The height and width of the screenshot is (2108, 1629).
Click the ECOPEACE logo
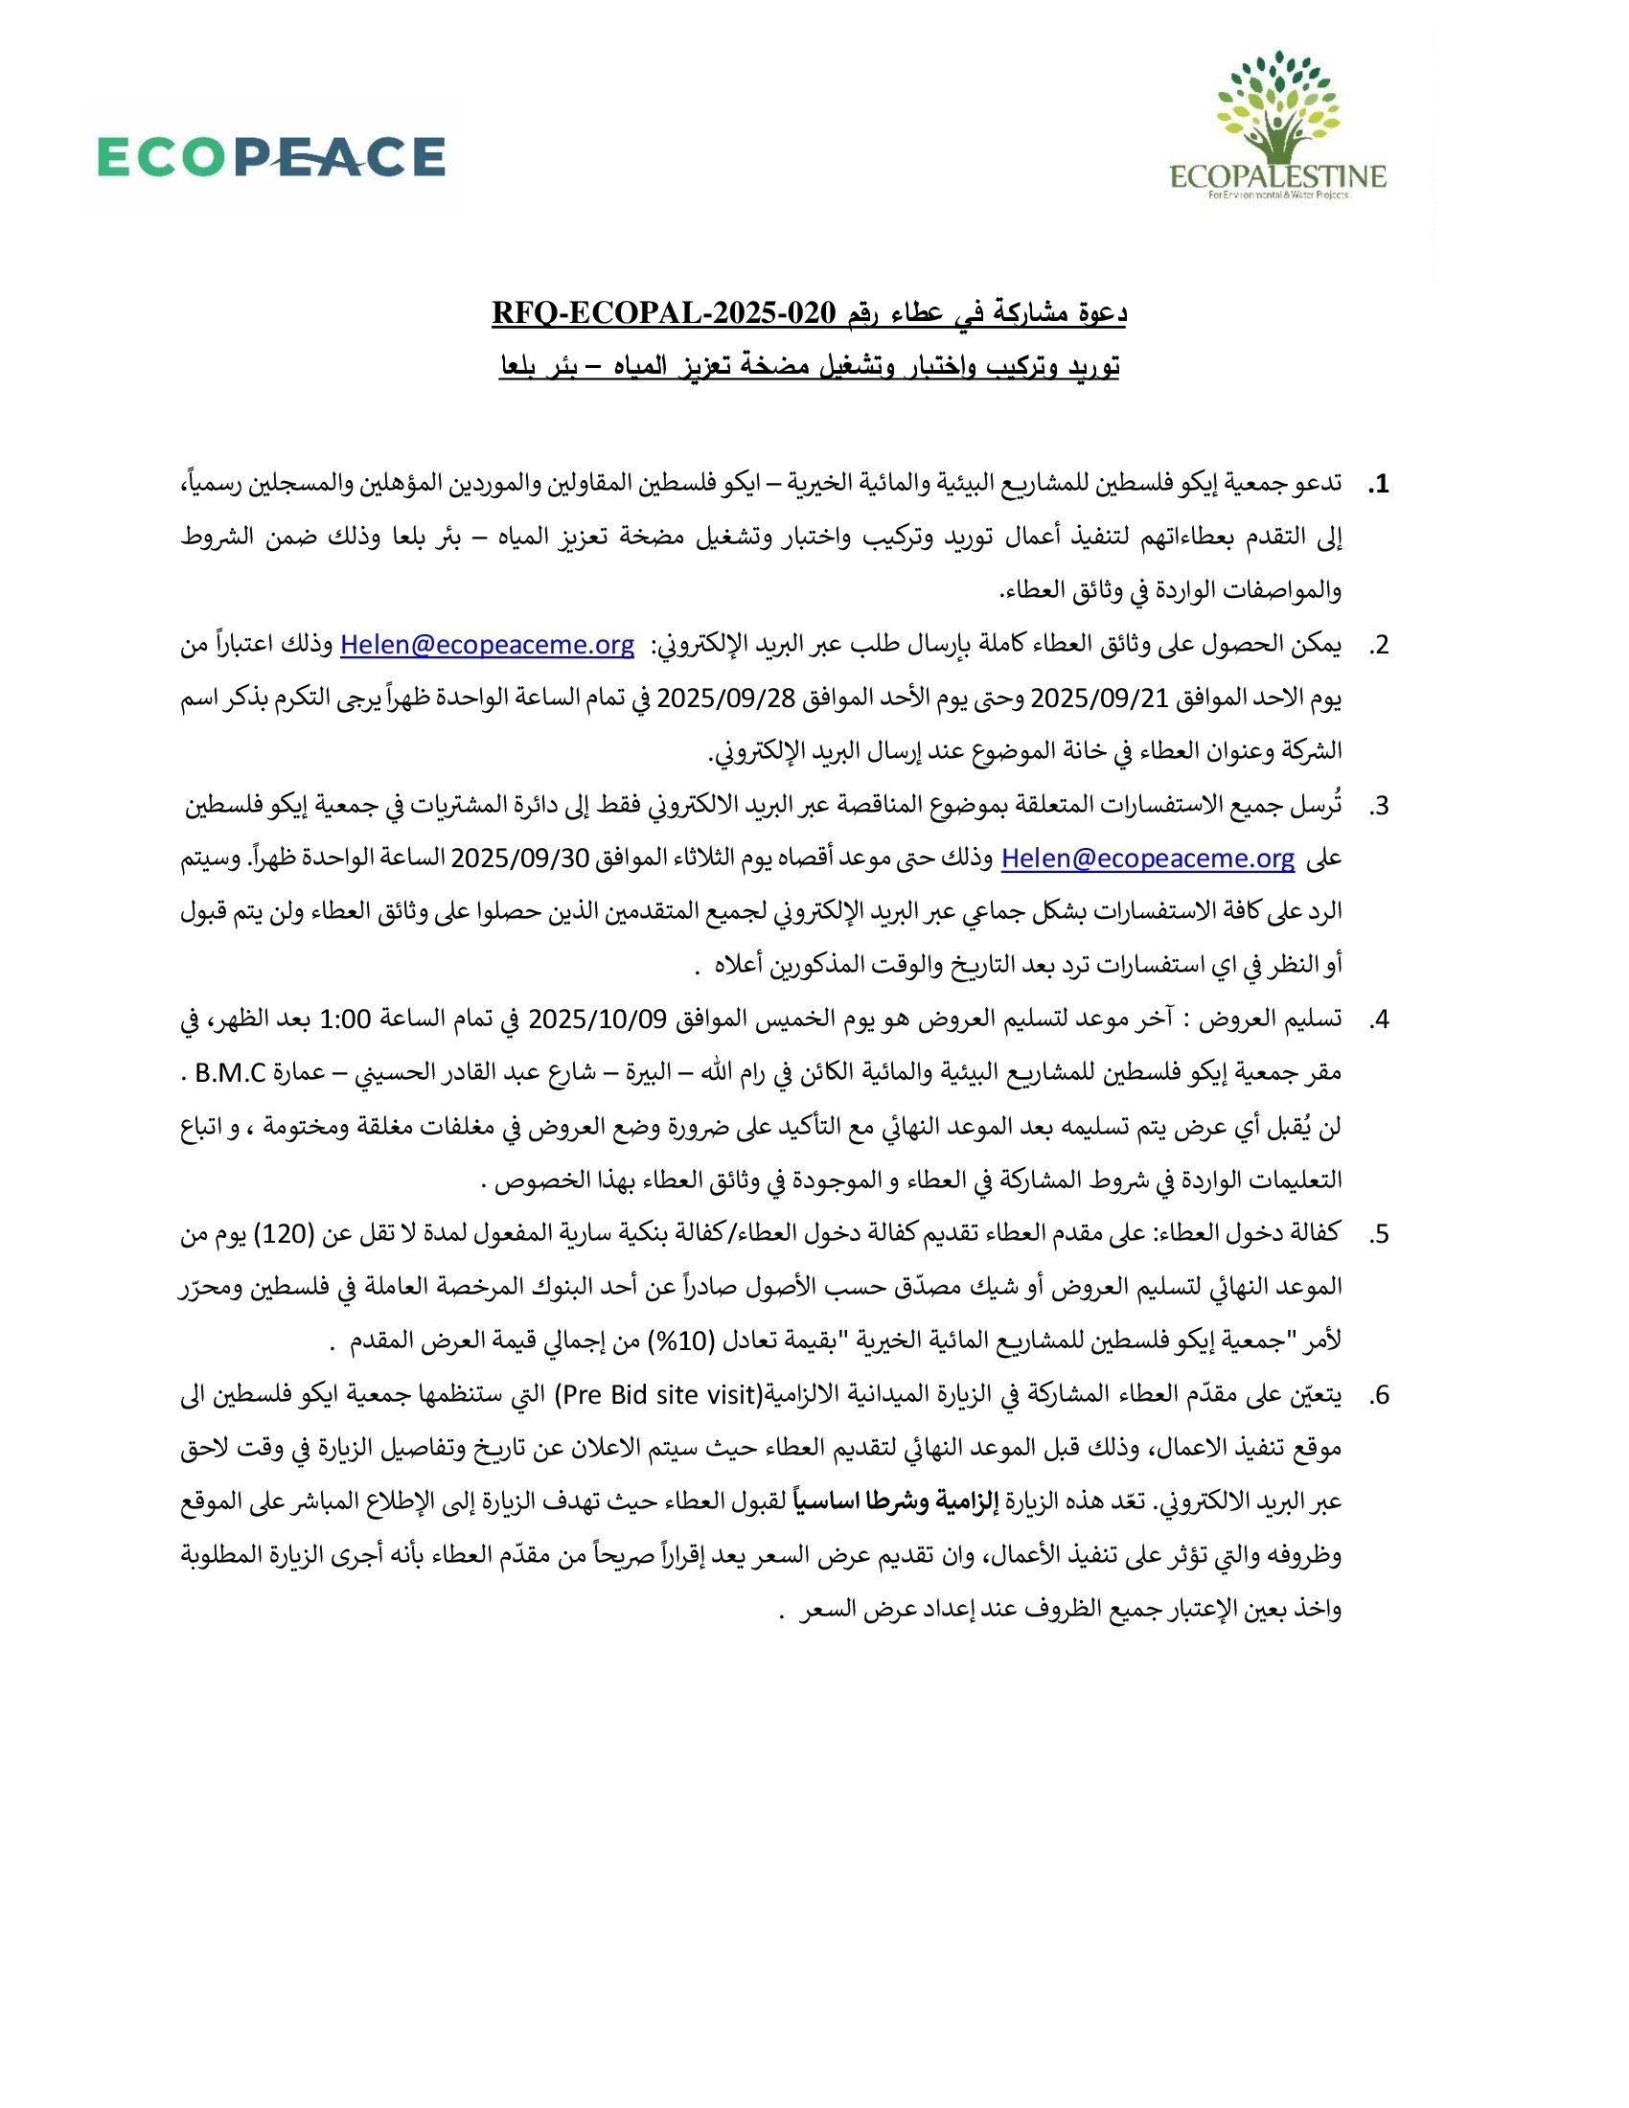(x=271, y=156)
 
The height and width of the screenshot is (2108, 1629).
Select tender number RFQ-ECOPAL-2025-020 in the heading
(x=664, y=313)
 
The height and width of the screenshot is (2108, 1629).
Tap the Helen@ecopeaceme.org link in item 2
(x=488, y=646)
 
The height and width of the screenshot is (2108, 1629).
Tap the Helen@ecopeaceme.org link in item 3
(x=1147, y=859)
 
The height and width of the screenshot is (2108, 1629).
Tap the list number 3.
(x=1378, y=806)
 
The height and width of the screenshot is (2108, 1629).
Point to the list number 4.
(x=1378, y=1020)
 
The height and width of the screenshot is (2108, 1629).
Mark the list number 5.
(x=1378, y=1233)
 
